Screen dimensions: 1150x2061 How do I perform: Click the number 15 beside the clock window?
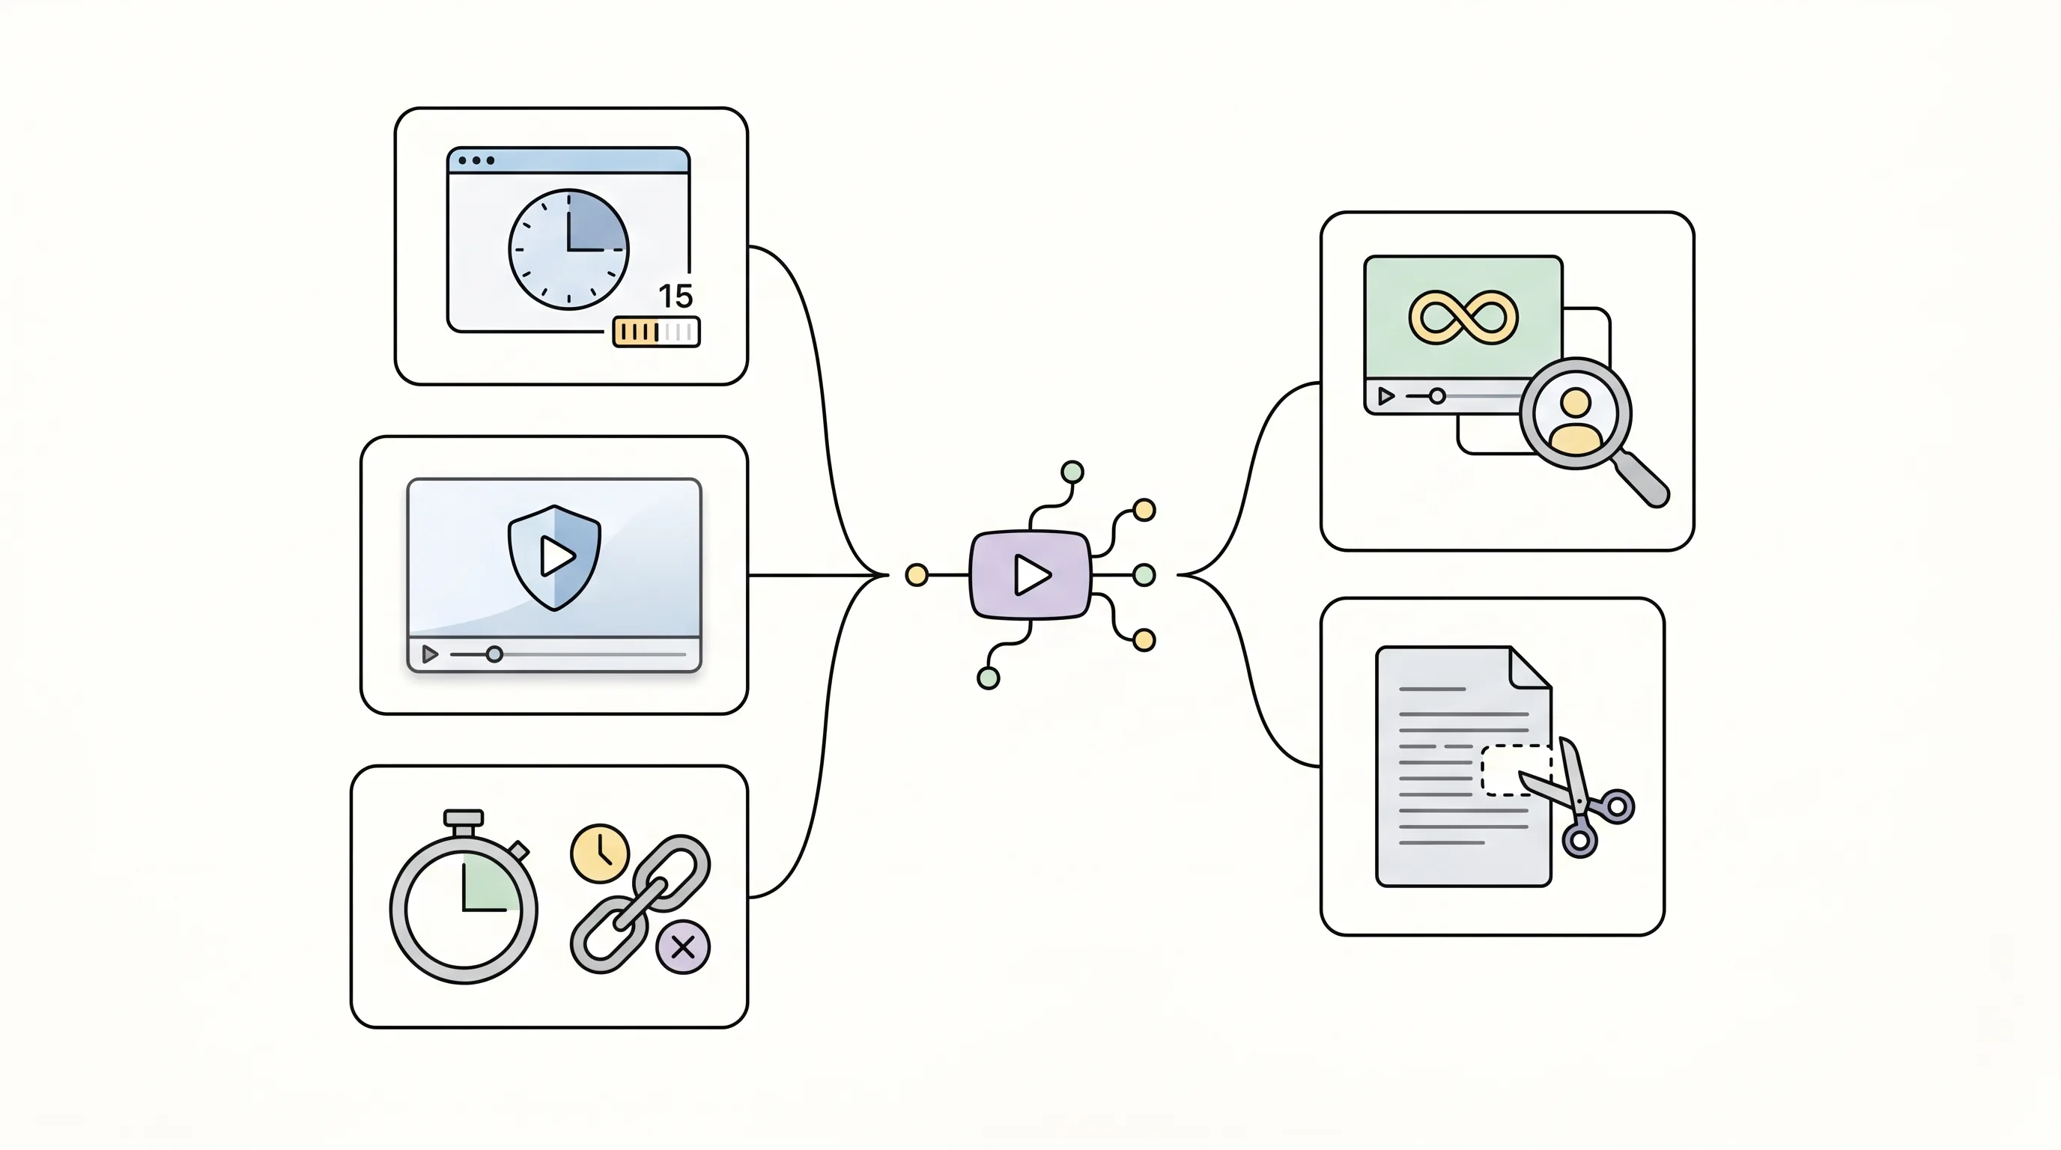[x=676, y=296]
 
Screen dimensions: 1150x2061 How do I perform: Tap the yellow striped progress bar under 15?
[x=656, y=332]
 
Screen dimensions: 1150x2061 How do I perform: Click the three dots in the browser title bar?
[x=476, y=161]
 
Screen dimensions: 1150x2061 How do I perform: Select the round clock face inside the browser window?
[x=569, y=249]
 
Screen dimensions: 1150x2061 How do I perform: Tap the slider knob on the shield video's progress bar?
[x=494, y=655]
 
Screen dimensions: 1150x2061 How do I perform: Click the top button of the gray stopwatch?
[x=464, y=818]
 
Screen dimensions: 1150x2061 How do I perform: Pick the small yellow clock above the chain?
[x=600, y=854]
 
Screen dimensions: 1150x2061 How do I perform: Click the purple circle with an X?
[x=682, y=948]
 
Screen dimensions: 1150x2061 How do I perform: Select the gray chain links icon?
[x=640, y=904]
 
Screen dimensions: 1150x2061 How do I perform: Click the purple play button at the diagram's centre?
[x=1030, y=575]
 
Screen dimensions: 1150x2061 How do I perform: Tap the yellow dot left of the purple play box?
[x=917, y=575]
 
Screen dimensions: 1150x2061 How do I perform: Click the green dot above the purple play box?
[x=1072, y=472]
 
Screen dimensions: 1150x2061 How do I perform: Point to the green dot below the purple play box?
[x=989, y=678]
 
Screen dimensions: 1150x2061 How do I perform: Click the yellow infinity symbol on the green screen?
[x=1463, y=317]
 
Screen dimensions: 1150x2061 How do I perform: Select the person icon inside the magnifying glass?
[x=1576, y=420]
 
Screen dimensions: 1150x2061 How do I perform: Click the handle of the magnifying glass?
[x=1642, y=481]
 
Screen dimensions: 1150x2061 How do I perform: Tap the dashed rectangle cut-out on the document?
[x=1515, y=770]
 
